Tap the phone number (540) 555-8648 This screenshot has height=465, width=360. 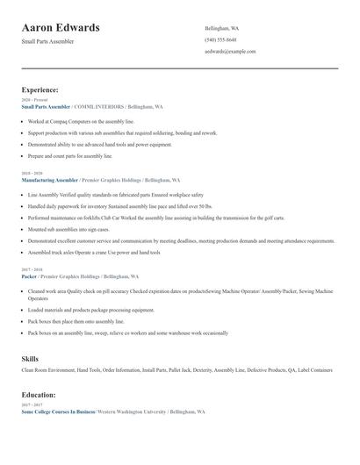pos(220,39)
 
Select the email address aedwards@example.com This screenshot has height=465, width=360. pos(230,51)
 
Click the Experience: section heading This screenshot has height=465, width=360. pos(40,89)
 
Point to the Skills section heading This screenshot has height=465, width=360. pos(30,359)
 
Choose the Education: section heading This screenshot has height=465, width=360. pos(39,396)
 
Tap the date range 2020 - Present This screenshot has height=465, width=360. pos(33,100)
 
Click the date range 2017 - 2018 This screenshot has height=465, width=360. pos(32,269)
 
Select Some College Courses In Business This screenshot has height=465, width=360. pos(58,411)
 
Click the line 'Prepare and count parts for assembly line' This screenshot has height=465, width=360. pos(70,155)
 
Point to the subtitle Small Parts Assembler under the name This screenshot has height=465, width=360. pos(48,41)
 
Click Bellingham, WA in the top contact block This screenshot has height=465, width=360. pos(221,28)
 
